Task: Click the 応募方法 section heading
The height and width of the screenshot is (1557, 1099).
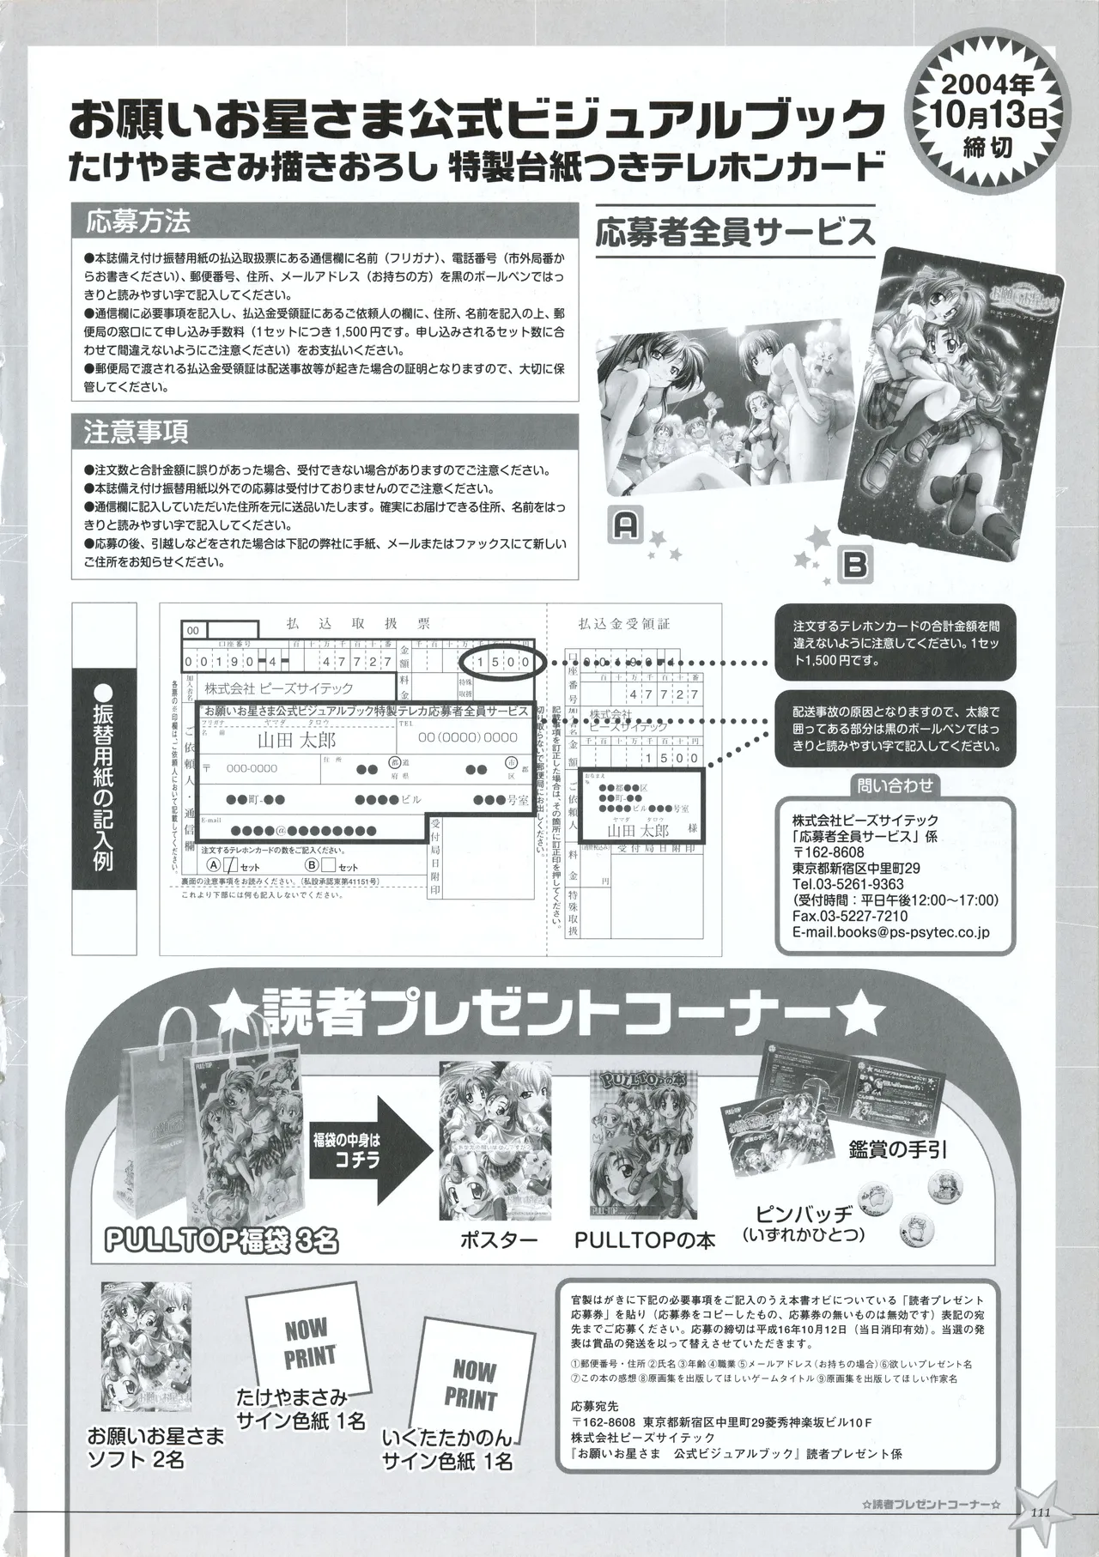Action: [x=137, y=222]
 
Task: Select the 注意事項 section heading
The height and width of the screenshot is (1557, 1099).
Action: [x=137, y=430]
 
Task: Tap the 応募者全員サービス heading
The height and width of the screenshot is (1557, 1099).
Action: [x=735, y=232]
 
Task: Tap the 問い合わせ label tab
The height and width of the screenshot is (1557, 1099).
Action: [x=894, y=785]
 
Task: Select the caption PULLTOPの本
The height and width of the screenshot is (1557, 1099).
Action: [x=644, y=1240]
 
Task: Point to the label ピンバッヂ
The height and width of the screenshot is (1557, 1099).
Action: [x=803, y=1214]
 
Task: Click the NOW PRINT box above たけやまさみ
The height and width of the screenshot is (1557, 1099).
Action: [x=307, y=1343]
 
